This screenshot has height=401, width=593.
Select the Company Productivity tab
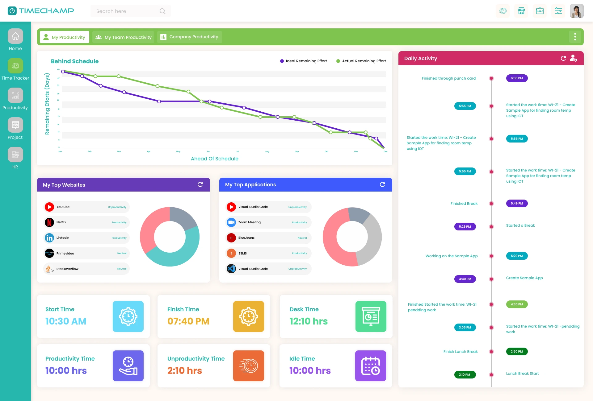pos(189,37)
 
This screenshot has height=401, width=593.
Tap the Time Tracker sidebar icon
pos(15,66)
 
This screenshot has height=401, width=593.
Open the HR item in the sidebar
pos(15,155)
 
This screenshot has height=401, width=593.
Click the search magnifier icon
pos(162,11)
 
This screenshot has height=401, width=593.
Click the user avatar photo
pos(576,11)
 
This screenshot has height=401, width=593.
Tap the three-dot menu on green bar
pos(575,37)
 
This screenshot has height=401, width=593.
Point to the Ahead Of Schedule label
pos(214,159)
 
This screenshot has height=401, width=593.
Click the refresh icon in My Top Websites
pos(200,184)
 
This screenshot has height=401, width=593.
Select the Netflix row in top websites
pos(86,222)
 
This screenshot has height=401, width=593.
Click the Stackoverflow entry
pos(86,269)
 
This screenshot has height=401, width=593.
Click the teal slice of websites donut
pos(182,253)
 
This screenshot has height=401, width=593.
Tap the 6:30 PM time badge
pos(517,78)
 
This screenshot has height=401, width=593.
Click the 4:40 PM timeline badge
pos(465,279)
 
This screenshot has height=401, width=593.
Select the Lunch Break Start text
pos(522,374)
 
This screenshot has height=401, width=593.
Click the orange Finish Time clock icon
pos(248,316)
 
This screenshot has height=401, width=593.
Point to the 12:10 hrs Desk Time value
pos(308,321)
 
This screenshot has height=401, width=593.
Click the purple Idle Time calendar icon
pos(370,366)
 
